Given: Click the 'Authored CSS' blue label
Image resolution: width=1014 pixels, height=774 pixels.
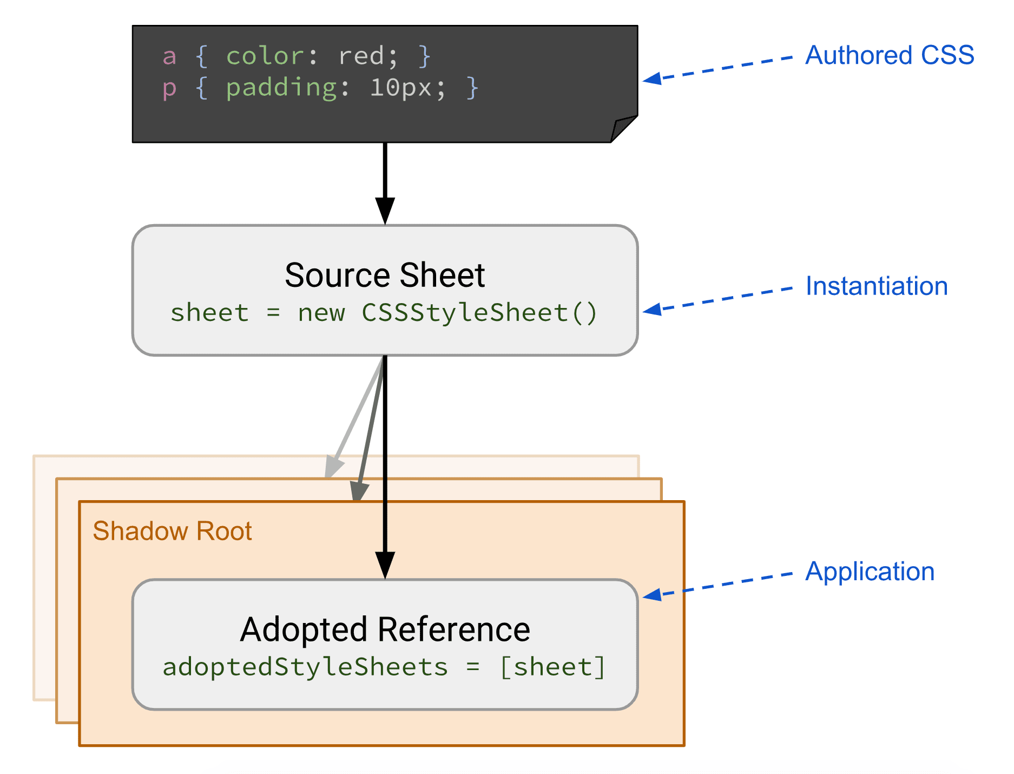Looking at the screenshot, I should pos(889,55).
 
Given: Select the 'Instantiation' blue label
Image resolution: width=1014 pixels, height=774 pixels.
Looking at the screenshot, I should pos(876,286).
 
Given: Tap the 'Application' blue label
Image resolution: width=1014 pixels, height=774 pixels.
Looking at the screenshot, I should pos(870,572).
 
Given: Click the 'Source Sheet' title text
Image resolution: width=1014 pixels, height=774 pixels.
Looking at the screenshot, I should pos(385,275).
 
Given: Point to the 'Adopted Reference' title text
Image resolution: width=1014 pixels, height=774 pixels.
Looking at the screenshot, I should pos(385,629).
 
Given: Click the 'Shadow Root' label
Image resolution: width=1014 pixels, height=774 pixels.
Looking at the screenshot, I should pos(172,531).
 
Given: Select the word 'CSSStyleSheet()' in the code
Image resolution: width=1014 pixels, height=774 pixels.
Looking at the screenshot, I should pos(479,313).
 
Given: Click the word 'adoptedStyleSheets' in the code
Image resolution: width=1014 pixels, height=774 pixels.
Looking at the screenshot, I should pos(305,667).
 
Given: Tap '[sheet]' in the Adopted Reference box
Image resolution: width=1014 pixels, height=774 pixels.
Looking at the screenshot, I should pos(552,667).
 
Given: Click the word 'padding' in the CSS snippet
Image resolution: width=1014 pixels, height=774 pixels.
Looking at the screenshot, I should pos(281,87).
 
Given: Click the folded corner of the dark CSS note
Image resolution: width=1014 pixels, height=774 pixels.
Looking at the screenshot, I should pos(623,130).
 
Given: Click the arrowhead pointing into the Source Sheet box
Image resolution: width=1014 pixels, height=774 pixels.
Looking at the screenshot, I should pos(385,211).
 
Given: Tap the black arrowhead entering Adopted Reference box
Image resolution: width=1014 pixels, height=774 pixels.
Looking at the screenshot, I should pos(385,565).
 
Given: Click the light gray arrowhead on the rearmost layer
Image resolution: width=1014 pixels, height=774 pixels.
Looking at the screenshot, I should pos(333,467).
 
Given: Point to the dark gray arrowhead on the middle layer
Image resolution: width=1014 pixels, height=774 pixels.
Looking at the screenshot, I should pos(359,491).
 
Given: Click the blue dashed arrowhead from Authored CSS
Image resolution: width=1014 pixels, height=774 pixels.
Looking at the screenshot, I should pos(652,79).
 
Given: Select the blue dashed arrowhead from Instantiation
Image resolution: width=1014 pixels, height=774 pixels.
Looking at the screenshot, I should pos(652,310).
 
